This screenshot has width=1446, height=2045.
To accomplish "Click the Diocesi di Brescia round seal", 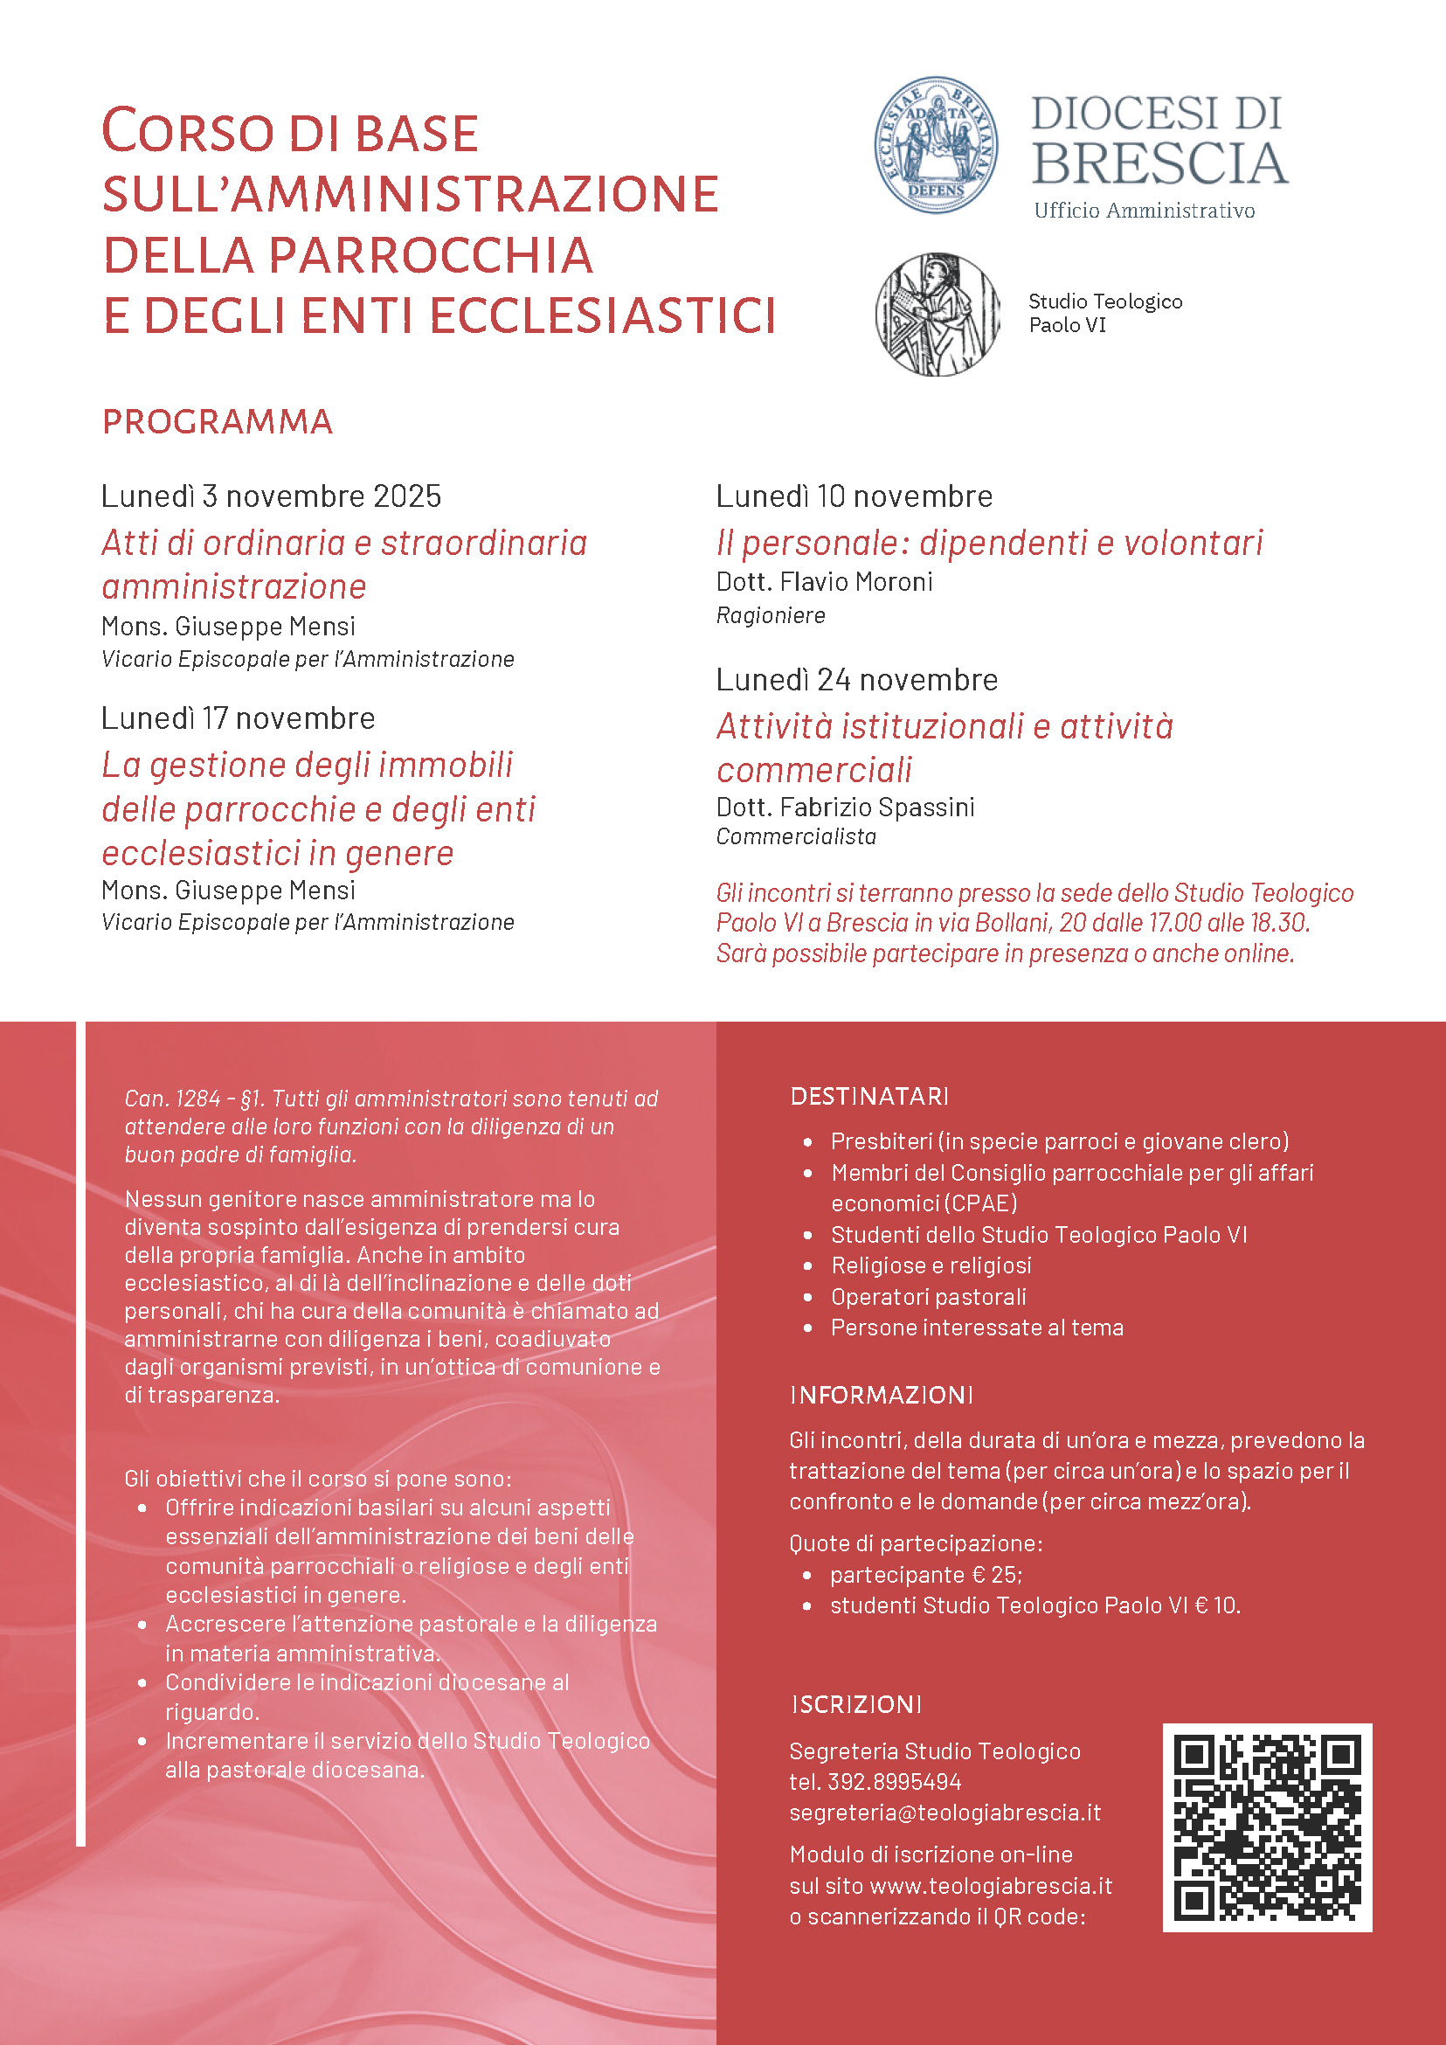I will tap(935, 144).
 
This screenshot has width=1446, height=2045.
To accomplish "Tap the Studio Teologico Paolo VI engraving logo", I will tap(937, 314).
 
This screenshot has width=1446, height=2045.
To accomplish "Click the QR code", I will tap(1266, 1827).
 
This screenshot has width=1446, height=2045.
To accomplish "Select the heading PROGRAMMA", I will tap(218, 422).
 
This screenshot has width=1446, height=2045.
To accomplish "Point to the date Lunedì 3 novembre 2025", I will tap(271, 496).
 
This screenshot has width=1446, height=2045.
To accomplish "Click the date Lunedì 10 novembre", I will tap(854, 496).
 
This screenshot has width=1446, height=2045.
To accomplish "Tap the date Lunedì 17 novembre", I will tap(238, 717).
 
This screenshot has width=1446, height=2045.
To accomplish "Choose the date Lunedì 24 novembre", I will tap(856, 680).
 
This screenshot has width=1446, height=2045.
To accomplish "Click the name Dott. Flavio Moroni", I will tap(824, 582).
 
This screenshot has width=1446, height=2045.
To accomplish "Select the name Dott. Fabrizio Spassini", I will tap(845, 807).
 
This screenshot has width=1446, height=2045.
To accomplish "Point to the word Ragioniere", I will tap(771, 615).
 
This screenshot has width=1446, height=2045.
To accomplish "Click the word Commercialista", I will tap(796, 836).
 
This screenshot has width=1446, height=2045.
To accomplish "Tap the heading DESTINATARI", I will tap(869, 1096).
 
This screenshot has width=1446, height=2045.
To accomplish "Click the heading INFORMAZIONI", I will tap(882, 1395).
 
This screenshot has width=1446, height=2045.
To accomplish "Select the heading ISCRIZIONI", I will tap(855, 1704).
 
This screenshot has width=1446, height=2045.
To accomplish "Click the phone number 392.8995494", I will tap(894, 1781).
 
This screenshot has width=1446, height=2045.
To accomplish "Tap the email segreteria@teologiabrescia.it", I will tap(944, 1813).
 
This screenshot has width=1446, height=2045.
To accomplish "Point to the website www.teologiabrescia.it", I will tap(990, 1886).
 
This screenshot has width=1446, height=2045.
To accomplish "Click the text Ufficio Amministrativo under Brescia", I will tap(1145, 211).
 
